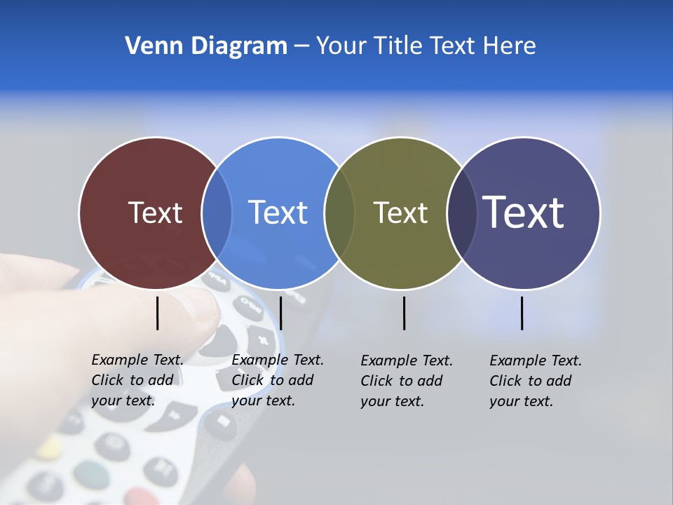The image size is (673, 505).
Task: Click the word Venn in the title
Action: (x=146, y=46)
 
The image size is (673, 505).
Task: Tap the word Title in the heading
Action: (x=398, y=46)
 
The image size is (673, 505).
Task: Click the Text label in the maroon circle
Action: (x=155, y=213)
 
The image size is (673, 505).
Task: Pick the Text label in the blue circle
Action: (x=278, y=213)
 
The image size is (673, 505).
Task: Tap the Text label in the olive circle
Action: (x=400, y=213)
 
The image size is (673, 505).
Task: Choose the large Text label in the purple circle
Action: (x=524, y=213)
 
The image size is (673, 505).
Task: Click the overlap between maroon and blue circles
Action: (x=217, y=213)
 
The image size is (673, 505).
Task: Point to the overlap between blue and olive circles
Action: (x=339, y=213)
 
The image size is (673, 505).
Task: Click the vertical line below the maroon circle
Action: (x=158, y=313)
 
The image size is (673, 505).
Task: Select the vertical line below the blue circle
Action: (x=280, y=313)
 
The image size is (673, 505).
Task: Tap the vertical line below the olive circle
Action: (x=405, y=313)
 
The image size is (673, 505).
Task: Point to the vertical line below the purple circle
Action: (x=522, y=313)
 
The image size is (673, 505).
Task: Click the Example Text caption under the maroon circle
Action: (x=137, y=380)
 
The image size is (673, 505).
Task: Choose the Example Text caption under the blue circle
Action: (x=278, y=380)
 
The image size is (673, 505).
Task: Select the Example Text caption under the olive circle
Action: (x=407, y=381)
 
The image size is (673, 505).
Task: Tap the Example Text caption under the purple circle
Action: (x=536, y=381)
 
